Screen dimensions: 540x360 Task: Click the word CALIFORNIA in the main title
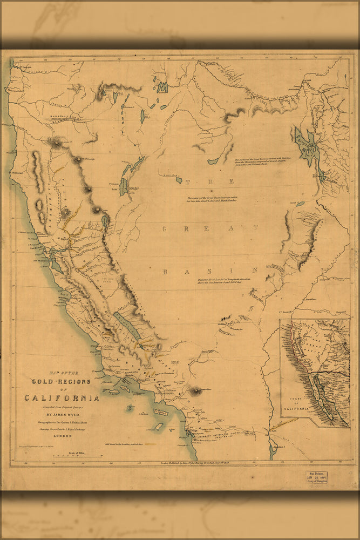click(x=62, y=398)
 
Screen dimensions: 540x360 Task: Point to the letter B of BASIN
click(x=166, y=271)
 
